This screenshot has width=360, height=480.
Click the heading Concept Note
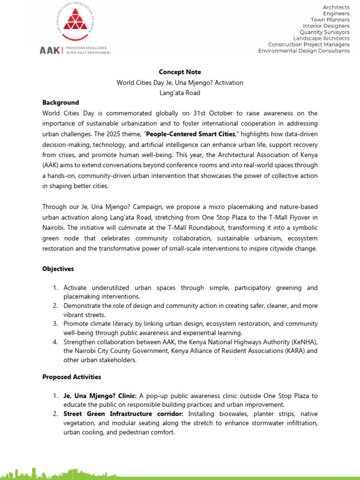[x=180, y=72]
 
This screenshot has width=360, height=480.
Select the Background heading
[x=60, y=103]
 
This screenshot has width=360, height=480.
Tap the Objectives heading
[x=58, y=269]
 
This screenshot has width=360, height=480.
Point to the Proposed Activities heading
[x=71, y=377]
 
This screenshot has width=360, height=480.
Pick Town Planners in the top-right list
[x=331, y=20]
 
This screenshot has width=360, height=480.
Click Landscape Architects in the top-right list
[x=321, y=38]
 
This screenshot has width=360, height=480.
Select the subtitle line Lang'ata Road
[x=180, y=93]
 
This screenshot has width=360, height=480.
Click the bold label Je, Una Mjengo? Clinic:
[x=100, y=396]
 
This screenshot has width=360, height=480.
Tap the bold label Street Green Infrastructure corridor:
[x=125, y=414]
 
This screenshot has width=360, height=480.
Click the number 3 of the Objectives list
[x=55, y=324]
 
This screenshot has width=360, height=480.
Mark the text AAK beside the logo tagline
[x=49, y=51]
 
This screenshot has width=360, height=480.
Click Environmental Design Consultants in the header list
[x=304, y=51]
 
